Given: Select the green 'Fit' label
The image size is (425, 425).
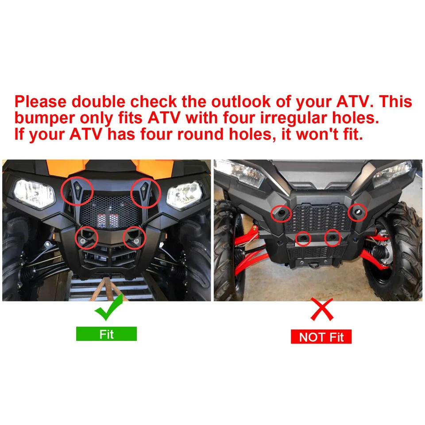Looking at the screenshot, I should pyautogui.click(x=106, y=334).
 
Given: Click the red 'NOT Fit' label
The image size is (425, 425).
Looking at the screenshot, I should pyautogui.click(x=321, y=337).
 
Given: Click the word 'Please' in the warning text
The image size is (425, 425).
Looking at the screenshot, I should pyautogui.click(x=40, y=102).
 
